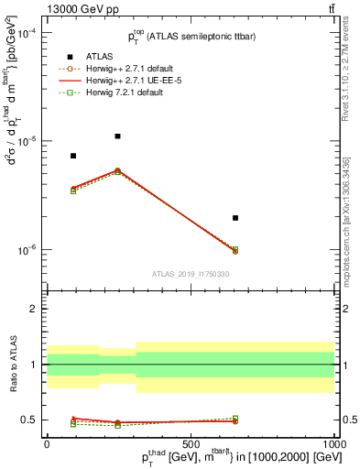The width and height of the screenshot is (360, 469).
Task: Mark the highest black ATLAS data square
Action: click(x=117, y=136)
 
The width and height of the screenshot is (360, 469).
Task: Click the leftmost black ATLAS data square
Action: click(x=73, y=156)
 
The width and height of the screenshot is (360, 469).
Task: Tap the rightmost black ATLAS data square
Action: click(x=235, y=218)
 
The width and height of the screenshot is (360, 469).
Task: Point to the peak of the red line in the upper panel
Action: click(x=117, y=170)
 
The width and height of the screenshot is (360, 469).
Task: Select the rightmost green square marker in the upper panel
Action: click(x=235, y=249)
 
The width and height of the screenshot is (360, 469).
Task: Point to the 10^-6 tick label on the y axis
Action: click(x=26, y=250)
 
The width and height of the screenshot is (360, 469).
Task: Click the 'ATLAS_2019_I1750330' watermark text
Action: click(x=190, y=274)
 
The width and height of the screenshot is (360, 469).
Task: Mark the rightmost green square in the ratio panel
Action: click(x=235, y=419)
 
